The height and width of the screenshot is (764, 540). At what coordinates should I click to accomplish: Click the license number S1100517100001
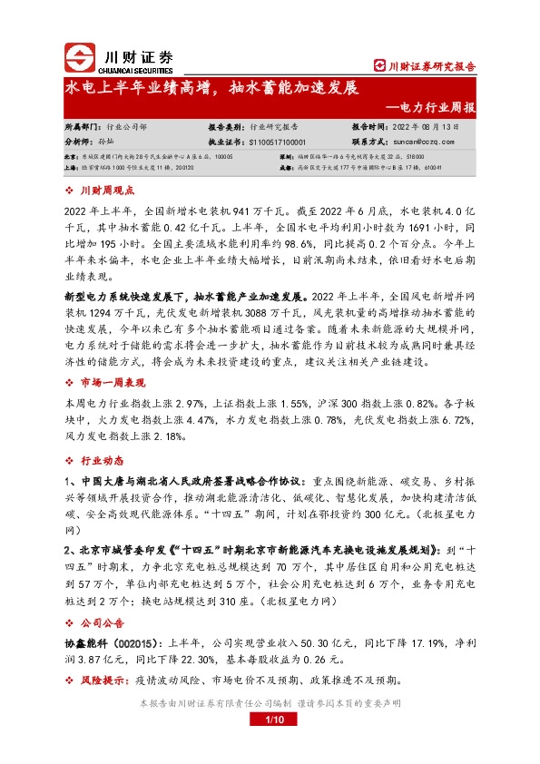coord(278,142)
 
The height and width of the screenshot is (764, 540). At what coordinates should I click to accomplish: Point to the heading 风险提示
coord(106,680)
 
